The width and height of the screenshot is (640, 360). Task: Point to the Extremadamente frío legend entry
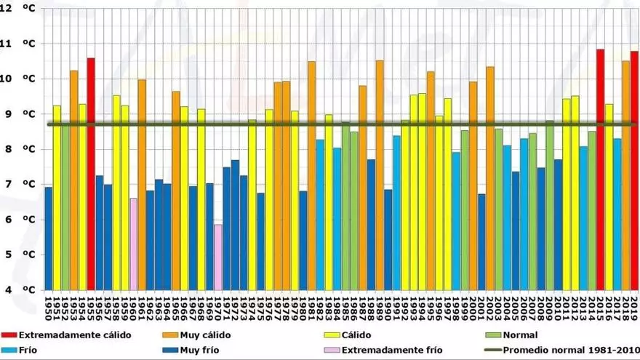pos(383,350)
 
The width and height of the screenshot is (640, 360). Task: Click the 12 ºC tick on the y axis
pos(17,9)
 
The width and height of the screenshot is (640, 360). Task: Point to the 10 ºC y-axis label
pos(17,79)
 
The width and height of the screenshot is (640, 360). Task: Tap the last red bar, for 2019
pos(634,170)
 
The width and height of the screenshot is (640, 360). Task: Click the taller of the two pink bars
pos(134,244)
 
